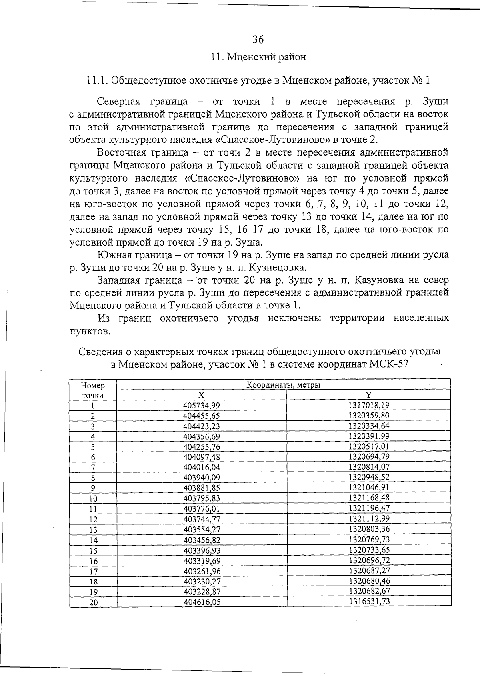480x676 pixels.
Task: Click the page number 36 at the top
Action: click(258, 40)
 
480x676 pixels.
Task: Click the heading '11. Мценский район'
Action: click(258, 57)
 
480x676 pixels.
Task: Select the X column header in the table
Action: click(201, 395)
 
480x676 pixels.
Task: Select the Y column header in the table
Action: click(369, 395)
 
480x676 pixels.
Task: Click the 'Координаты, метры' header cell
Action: click(283, 385)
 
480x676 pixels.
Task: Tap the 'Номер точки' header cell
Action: click(92, 390)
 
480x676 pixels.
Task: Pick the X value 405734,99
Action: click(201, 405)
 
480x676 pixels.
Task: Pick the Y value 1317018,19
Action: click(369, 405)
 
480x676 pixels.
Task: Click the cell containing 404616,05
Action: click(202, 602)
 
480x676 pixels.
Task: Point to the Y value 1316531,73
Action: click(369, 601)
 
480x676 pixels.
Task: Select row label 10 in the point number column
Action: click(93, 498)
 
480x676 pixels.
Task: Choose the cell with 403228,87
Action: click(202, 592)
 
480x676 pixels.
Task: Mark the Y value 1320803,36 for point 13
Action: click(369, 529)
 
